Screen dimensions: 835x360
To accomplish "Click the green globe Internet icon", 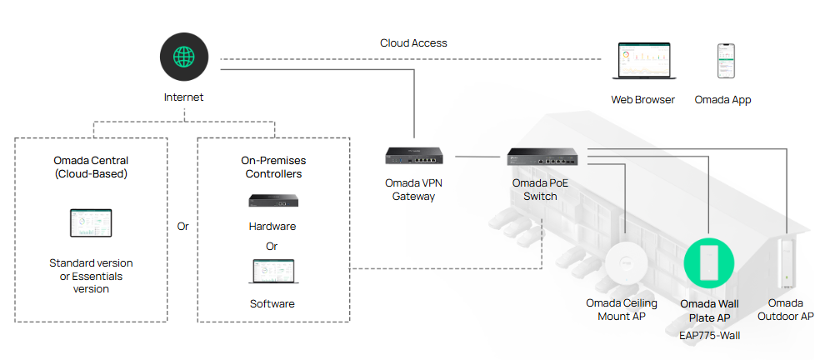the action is (184, 57).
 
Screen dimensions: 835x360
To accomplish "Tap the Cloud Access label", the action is (413, 43).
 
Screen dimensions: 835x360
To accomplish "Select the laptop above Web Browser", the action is (644, 61).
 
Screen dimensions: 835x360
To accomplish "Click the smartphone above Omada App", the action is (726, 61).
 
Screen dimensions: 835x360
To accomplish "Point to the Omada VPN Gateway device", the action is (414, 156).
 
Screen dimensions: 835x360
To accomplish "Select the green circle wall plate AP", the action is (709, 262).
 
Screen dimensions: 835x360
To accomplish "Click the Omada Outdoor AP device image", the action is (786, 263).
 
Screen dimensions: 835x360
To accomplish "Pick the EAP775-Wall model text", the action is (709, 336).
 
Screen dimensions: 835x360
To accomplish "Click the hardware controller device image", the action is (273, 200).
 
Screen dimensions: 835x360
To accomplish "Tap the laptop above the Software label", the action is (273, 272).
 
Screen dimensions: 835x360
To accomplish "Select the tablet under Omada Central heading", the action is (91, 223).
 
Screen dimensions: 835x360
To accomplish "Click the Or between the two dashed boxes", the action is (182, 227).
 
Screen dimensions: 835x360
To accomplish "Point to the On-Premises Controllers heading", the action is (273, 167).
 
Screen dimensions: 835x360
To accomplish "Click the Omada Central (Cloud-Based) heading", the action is (91, 167).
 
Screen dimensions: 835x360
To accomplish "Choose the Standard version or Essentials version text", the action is (91, 276).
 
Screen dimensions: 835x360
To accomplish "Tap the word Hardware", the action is (272, 227).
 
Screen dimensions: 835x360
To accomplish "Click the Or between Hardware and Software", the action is (272, 247).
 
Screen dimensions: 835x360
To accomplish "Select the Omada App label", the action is (722, 100).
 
